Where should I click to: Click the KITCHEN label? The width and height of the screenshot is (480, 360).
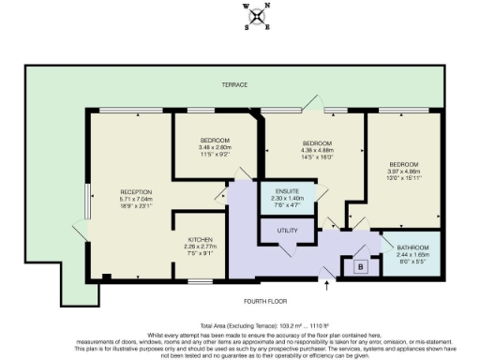(199, 239)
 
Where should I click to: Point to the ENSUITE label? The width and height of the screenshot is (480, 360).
(288, 189)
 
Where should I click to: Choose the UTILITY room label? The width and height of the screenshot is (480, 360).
(287, 230)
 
